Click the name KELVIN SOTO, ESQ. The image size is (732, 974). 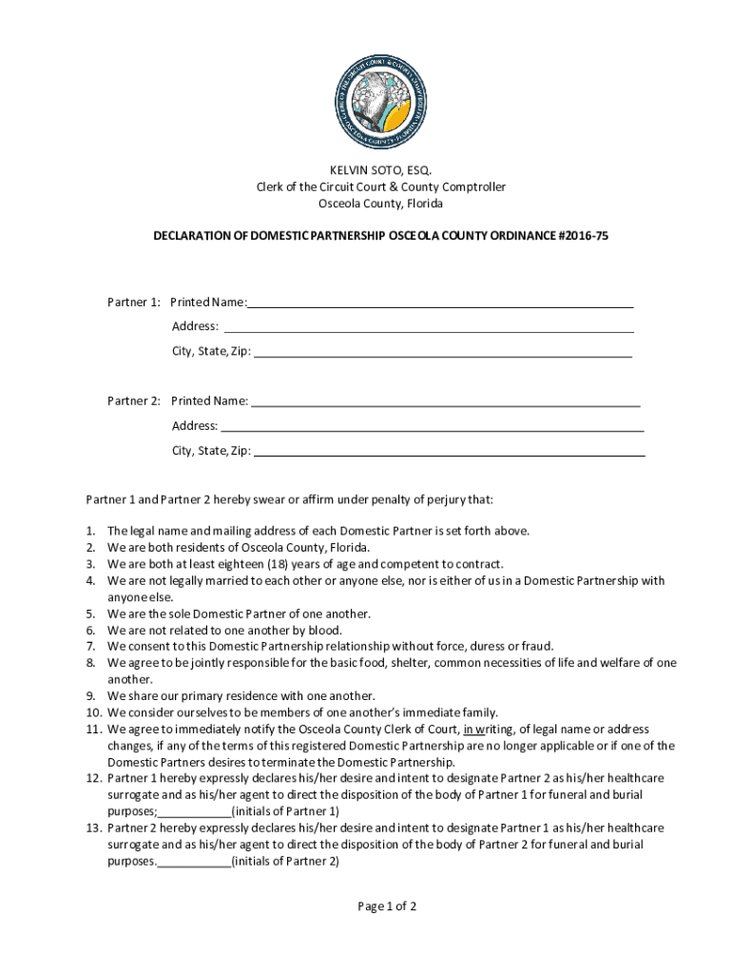[x=380, y=170]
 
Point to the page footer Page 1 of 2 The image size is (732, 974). [x=387, y=906]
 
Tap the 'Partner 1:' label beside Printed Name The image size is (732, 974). [x=133, y=302]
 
